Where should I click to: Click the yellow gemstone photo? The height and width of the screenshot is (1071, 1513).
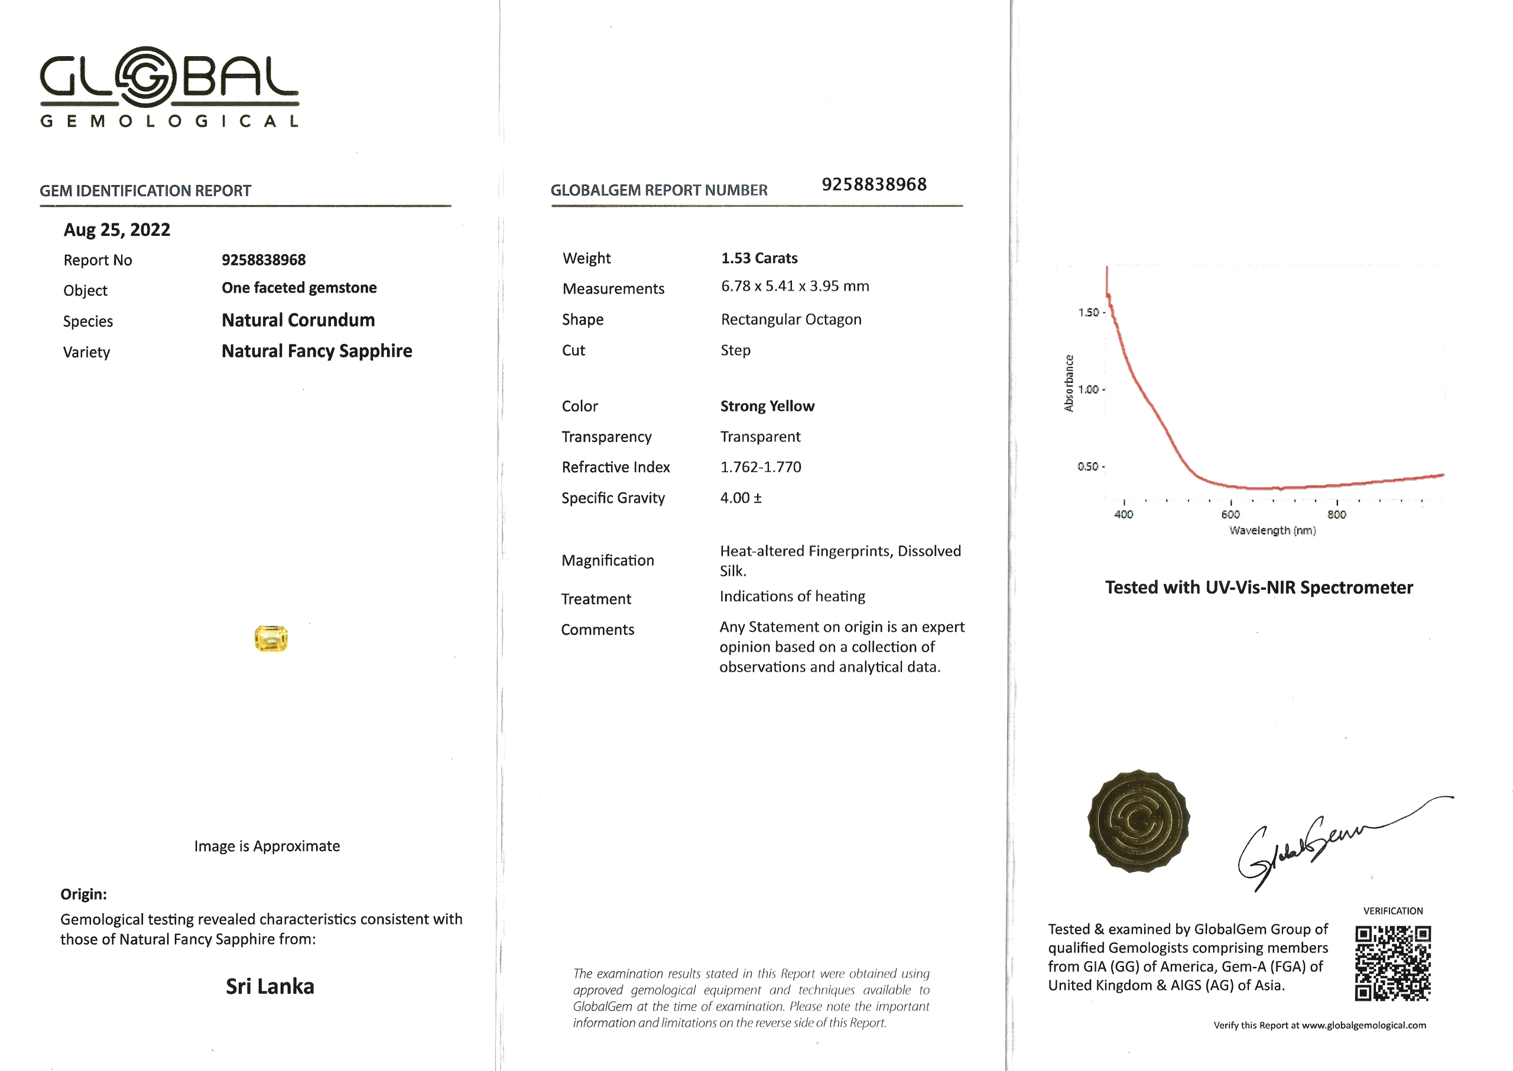[x=271, y=638]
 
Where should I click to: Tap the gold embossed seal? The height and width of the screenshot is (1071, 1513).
[x=1138, y=820]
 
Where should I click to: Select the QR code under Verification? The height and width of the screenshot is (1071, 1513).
[x=1392, y=963]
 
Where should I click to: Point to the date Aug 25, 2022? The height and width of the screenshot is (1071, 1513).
[x=116, y=229]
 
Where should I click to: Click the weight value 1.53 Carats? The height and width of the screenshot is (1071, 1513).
[x=759, y=258]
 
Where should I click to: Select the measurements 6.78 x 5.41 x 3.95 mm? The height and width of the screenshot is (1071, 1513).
[x=794, y=286]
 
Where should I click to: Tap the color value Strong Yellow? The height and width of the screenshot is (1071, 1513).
[x=767, y=406]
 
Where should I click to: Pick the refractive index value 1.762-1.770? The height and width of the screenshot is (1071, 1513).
[x=760, y=467]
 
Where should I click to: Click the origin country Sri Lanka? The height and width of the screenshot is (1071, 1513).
[x=270, y=986]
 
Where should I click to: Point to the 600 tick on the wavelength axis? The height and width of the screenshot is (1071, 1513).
[x=1230, y=514]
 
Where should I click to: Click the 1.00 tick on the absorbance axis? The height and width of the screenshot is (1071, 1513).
[x=1088, y=389]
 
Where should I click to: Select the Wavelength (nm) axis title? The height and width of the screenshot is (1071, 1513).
[x=1272, y=530]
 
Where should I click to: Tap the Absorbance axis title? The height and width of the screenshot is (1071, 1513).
[x=1069, y=383]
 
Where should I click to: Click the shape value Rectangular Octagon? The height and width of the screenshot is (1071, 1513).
[x=790, y=319]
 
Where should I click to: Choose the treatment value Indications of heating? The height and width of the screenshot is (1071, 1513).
[x=792, y=596]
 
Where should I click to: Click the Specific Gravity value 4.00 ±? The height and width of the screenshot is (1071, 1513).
[x=741, y=498]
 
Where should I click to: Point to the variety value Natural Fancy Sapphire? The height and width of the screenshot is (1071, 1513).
[x=316, y=351]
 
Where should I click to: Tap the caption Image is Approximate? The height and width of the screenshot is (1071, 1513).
[x=267, y=846]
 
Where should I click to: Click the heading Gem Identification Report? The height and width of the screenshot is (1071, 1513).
[x=145, y=190]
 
